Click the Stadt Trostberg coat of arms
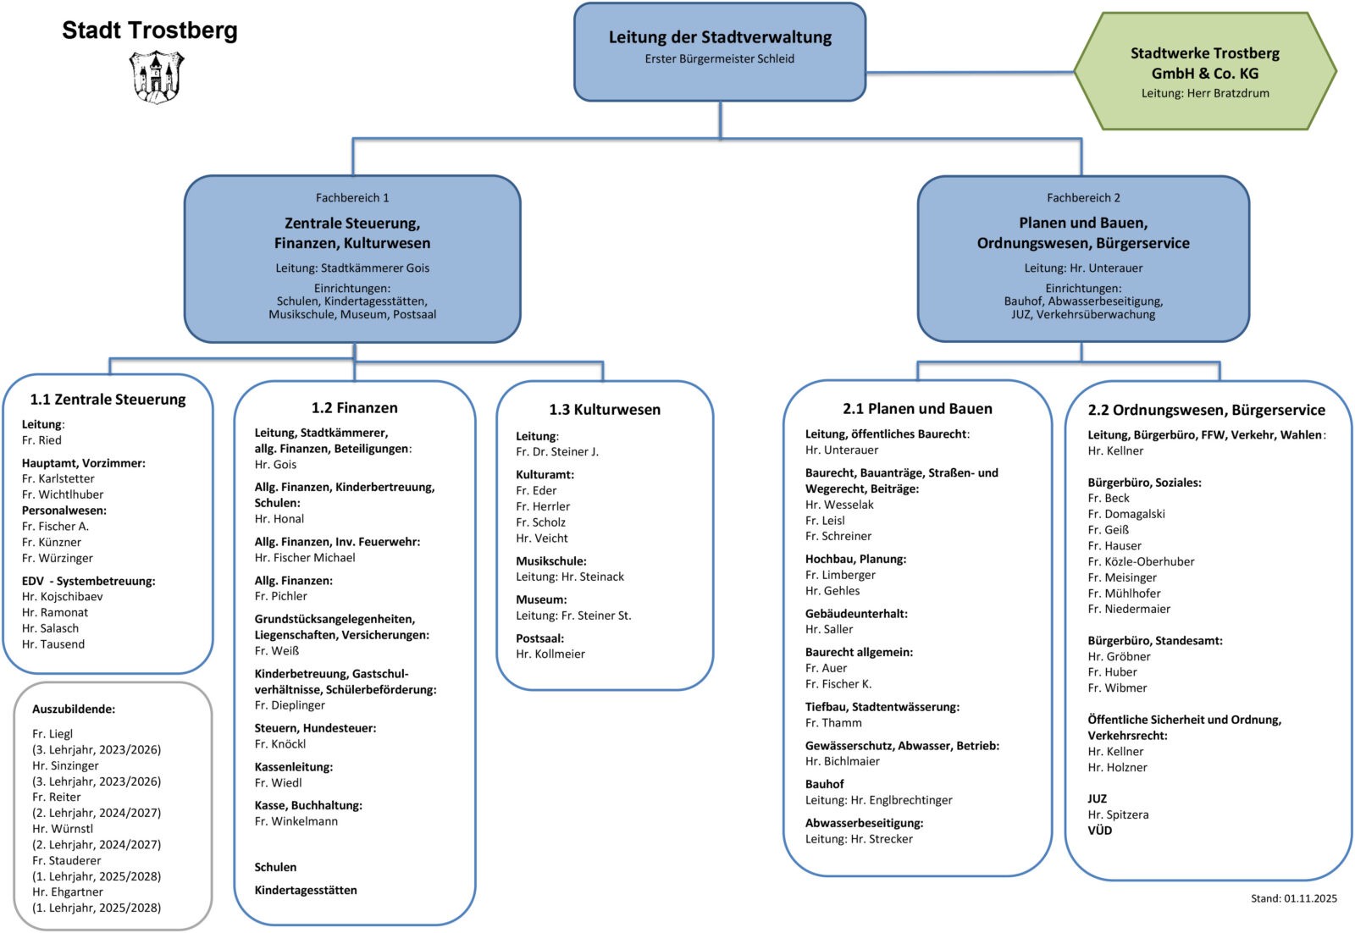156,76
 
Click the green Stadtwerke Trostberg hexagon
1204,72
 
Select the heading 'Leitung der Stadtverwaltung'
720,37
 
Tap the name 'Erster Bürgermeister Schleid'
720,59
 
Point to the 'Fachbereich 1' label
352,198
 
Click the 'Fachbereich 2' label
1083,198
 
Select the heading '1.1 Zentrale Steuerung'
108,400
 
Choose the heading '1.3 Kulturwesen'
605,410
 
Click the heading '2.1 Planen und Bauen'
917,409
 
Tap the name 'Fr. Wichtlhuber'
63,494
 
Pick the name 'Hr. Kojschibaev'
63,597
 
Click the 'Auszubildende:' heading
74,709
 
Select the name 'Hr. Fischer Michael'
305,558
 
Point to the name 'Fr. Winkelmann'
296,821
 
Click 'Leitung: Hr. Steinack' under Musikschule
570,577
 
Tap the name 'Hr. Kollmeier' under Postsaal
550,654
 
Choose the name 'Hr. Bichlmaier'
843,762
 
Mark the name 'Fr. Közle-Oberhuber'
1142,562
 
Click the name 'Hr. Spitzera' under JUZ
1119,815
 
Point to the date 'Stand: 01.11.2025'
1294,899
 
